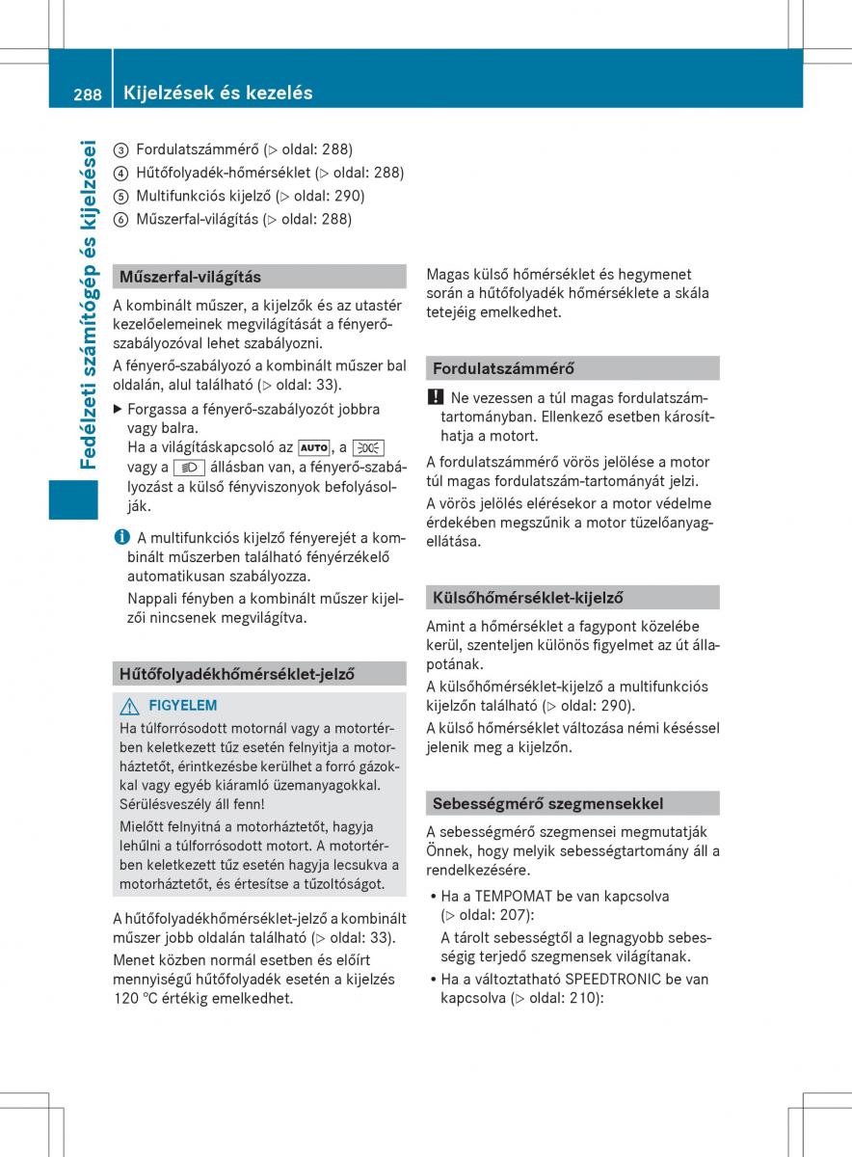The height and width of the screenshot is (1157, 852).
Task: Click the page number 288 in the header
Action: (x=88, y=94)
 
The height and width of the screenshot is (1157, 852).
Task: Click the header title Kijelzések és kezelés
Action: (x=218, y=94)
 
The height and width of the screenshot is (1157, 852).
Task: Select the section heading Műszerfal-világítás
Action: (x=190, y=277)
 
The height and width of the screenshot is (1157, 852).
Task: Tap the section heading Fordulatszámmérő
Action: (x=503, y=368)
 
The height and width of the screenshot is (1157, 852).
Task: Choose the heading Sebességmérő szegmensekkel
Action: (x=547, y=803)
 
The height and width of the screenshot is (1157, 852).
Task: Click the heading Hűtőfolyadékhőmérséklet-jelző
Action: (x=237, y=674)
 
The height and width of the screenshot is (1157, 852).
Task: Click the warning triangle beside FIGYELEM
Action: (x=130, y=706)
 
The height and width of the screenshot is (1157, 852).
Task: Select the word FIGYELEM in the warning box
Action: (x=183, y=706)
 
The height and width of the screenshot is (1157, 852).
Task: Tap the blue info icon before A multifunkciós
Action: (x=120, y=537)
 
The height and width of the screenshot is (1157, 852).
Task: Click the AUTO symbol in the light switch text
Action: (x=313, y=447)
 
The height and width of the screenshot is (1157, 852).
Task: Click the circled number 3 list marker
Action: (x=120, y=149)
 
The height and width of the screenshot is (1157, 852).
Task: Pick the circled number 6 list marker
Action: (x=120, y=219)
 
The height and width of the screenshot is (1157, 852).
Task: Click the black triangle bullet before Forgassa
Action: (x=119, y=409)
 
